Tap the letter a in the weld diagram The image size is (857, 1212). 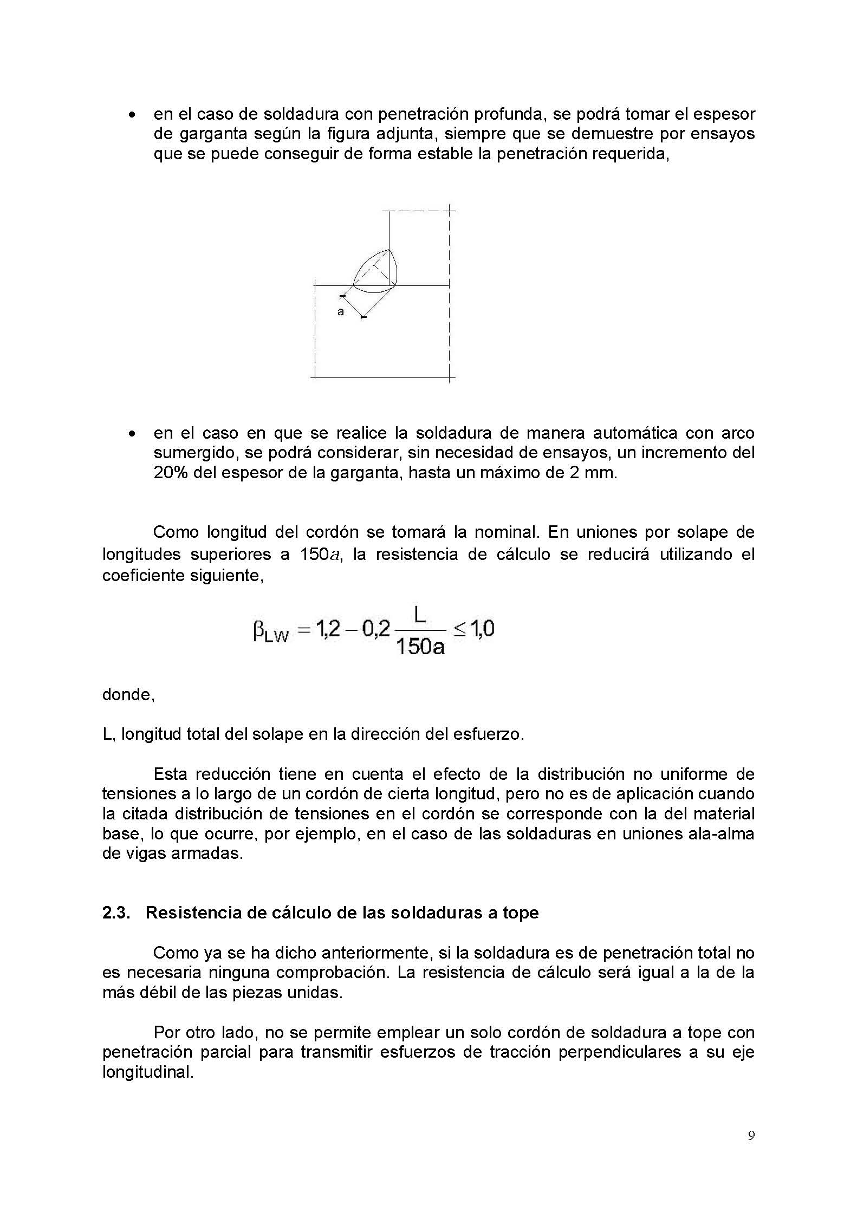coord(341,312)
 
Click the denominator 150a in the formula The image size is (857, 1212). coord(420,647)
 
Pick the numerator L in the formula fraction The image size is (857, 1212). coord(419,615)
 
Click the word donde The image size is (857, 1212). coord(128,695)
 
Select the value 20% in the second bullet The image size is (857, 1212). coord(171,473)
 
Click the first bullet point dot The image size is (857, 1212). coord(131,115)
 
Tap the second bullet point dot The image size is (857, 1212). coord(131,434)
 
